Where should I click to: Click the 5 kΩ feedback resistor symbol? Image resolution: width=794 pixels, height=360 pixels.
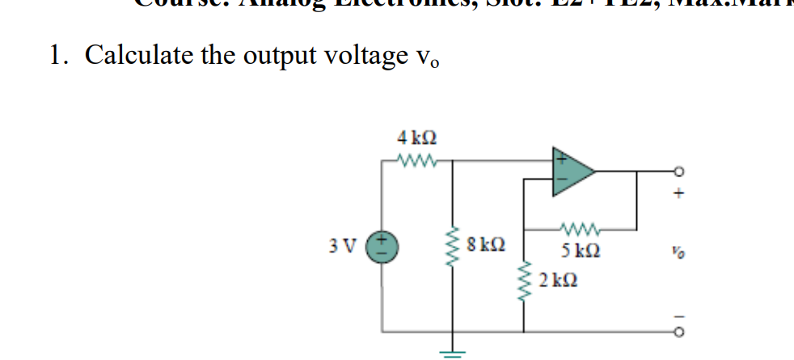click(580, 227)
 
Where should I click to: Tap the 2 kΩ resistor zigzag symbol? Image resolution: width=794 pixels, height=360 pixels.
click(525, 285)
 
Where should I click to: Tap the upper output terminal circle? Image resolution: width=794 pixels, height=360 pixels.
click(679, 172)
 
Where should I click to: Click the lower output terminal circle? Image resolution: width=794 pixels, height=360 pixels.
click(679, 332)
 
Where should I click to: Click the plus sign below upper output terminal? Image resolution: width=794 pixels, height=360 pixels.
click(680, 194)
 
